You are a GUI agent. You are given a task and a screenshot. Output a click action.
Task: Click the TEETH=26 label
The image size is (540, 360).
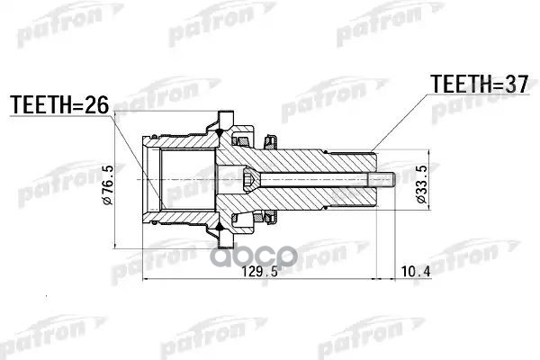[x=58, y=106]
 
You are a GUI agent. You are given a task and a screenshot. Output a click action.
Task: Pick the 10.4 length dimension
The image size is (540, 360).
[x=415, y=270]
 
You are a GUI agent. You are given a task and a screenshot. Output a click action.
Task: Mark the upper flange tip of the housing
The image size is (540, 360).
[x=221, y=118]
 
